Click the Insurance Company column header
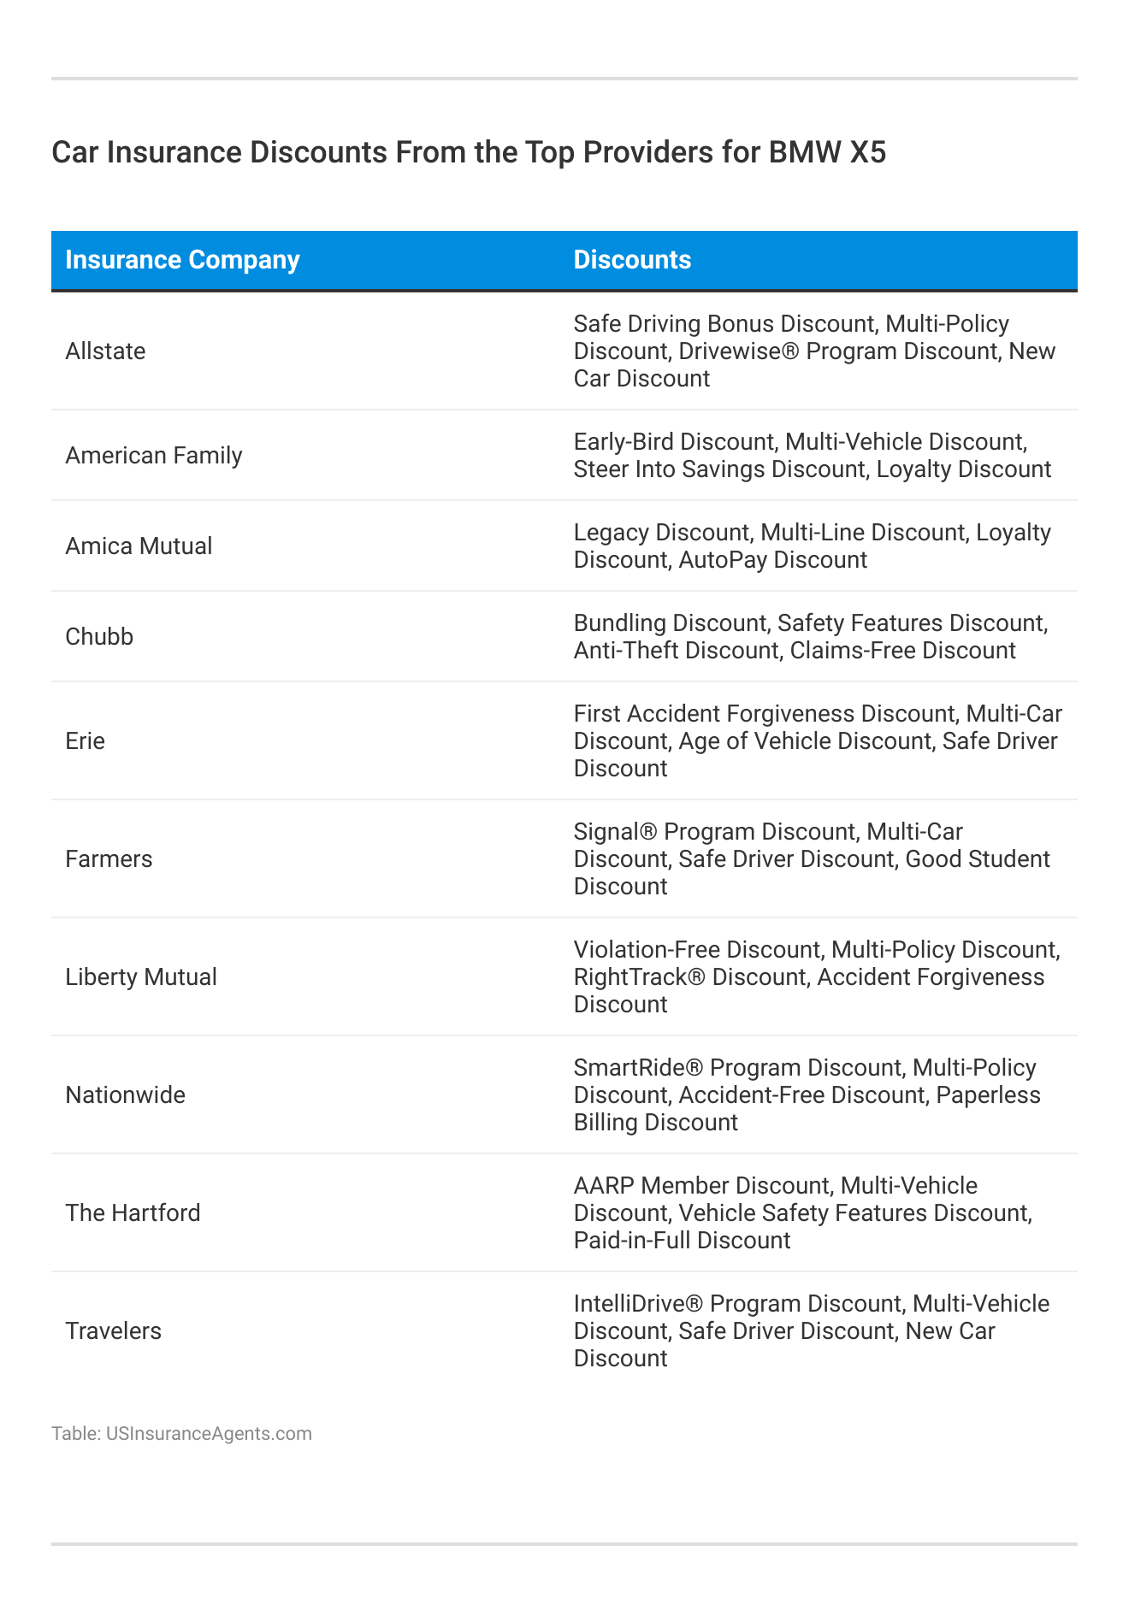(182, 260)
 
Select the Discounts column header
(632, 260)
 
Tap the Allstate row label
(105, 351)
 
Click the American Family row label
(154, 456)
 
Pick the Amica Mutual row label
(139, 546)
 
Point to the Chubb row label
(99, 637)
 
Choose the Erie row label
(85, 741)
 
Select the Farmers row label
(109, 859)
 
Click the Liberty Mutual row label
(141, 977)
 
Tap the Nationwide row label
(125, 1095)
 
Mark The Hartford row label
(133, 1213)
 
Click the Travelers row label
(113, 1331)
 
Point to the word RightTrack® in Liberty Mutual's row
(639, 977)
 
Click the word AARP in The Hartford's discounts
(604, 1186)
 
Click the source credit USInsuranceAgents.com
(209, 1434)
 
